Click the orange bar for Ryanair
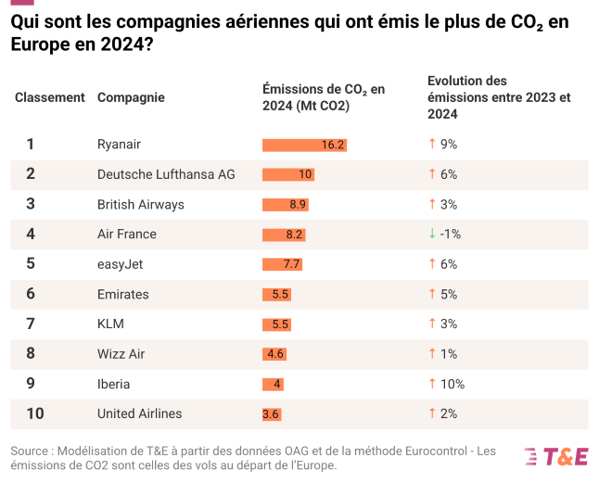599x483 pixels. [304, 145]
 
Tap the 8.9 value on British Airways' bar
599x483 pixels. [298, 204]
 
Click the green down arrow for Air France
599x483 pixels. [431, 234]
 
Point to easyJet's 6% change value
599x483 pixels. [449, 264]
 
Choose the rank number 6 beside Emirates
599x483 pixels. [31, 294]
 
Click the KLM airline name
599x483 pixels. [110, 324]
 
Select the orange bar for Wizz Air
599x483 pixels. [274, 354]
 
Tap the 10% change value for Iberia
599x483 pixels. [452, 384]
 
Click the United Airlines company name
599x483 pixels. [139, 413]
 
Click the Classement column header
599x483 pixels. [50, 97]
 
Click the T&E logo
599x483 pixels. [556, 456]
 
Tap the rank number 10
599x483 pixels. [31, 413]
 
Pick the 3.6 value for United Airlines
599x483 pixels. [271, 414]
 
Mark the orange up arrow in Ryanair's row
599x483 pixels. [431, 144]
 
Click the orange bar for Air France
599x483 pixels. [284, 235]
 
